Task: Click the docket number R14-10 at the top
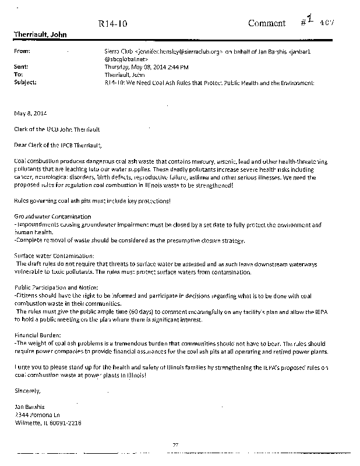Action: (111, 24)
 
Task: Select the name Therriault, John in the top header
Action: (40, 35)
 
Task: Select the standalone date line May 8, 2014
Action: (28, 112)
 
